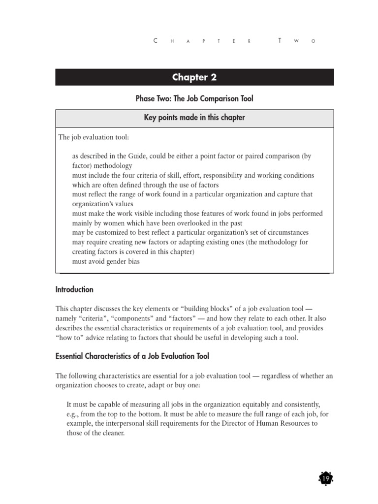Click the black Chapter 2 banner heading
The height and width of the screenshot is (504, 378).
click(x=194, y=77)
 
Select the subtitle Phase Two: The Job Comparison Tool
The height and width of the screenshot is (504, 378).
click(x=194, y=99)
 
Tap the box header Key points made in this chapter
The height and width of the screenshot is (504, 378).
click(x=194, y=118)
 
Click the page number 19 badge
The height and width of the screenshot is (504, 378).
click(x=325, y=478)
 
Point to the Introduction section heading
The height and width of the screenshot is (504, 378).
click(x=74, y=289)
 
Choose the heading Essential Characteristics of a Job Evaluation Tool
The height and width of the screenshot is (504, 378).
click(x=132, y=356)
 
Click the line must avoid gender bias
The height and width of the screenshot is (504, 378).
click(x=106, y=261)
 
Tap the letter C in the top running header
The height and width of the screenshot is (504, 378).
click(x=156, y=41)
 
